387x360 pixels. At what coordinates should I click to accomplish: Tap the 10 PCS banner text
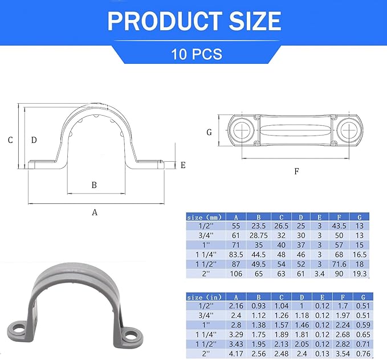click(196, 55)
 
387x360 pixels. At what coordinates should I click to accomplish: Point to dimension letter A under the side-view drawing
click(95, 212)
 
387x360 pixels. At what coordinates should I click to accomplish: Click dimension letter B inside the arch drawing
click(95, 185)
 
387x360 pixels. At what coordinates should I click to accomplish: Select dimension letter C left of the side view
click(10, 139)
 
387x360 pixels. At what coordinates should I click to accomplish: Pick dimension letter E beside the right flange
click(183, 165)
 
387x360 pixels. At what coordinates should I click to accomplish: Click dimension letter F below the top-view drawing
click(296, 171)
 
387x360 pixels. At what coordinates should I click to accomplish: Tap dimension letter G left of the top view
click(209, 132)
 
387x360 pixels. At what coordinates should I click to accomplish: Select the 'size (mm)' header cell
click(205, 216)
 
